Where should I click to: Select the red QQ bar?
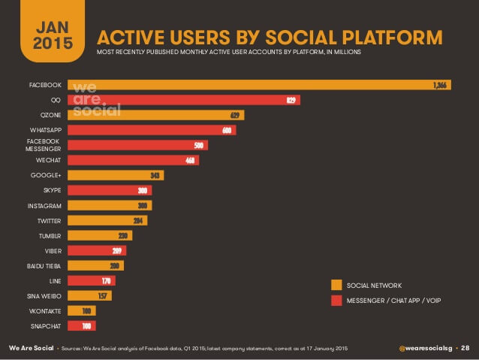pyautogui.click(x=184, y=100)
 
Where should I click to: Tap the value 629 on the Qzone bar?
pyautogui.click(x=235, y=115)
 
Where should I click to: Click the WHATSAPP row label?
pyautogui.click(x=45, y=130)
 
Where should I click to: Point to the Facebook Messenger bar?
pyautogui.click(x=137, y=145)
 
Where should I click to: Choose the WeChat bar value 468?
pyautogui.click(x=189, y=160)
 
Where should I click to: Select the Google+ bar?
pyautogui.click(x=116, y=175)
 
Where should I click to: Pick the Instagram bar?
pyautogui.click(x=110, y=205)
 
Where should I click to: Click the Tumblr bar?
pyautogui.click(x=100, y=235)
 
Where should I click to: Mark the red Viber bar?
pyautogui.click(x=97, y=250)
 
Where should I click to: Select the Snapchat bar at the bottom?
pyautogui.click(x=82, y=326)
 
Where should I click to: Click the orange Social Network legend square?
pyautogui.click(x=336, y=285)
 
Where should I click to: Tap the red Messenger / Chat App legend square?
pyautogui.click(x=336, y=301)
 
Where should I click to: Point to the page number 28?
pyautogui.click(x=465, y=349)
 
